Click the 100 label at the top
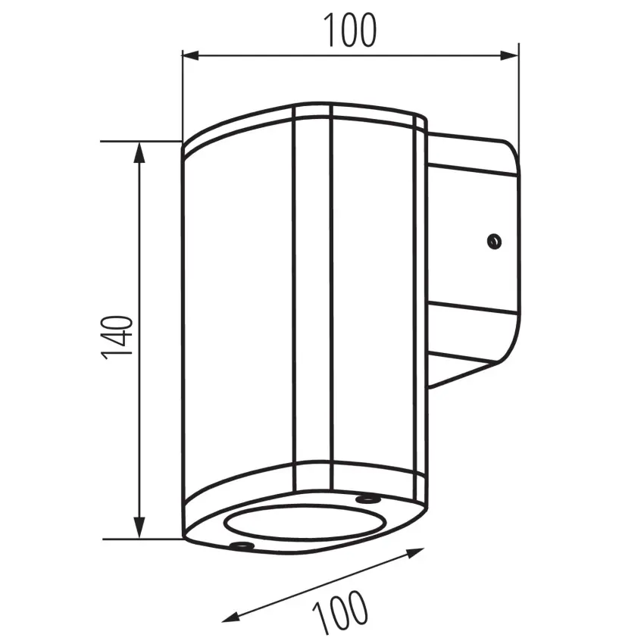[x=349, y=30]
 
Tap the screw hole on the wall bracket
[x=494, y=241]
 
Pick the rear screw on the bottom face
[x=367, y=499]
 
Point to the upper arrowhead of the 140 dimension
[x=140, y=153]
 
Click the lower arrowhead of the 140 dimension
[x=140, y=527]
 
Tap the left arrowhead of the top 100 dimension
[x=191, y=55]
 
